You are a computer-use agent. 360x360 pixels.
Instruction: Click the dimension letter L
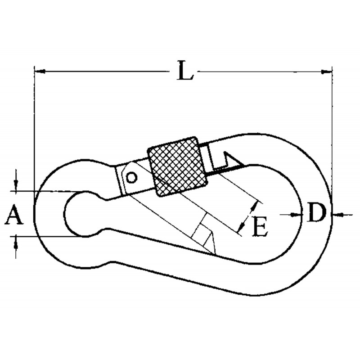point(185,71)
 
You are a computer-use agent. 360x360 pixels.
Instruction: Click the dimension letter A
point(14,215)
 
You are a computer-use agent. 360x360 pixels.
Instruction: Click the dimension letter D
point(316,212)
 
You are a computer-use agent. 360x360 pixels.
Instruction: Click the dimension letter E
point(260,226)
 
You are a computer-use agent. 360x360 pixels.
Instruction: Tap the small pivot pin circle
point(132,177)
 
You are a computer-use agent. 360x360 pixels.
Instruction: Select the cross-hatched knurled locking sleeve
point(177,166)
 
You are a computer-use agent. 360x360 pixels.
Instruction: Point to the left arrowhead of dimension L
point(40,72)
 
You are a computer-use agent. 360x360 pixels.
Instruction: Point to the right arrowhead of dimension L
point(326,72)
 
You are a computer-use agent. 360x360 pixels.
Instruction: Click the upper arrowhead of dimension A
point(16,185)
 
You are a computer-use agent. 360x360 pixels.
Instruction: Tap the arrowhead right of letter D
point(337,215)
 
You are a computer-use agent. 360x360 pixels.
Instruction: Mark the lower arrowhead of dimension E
point(241,226)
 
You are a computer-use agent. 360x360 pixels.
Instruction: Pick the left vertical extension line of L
point(34,138)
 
